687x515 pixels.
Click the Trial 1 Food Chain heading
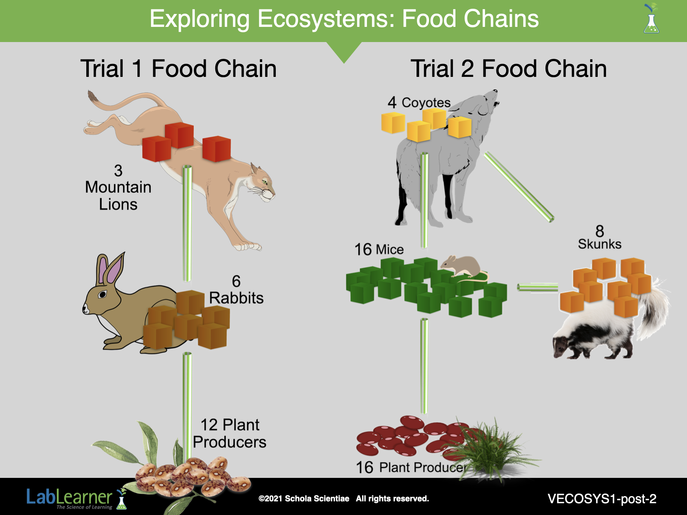[179, 69]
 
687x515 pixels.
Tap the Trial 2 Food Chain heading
[509, 69]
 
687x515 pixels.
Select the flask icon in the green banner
[651, 19]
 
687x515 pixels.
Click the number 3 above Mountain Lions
[118, 171]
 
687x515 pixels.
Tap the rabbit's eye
[102, 294]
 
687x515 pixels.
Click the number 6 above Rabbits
[236, 281]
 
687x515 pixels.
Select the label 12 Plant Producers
[230, 434]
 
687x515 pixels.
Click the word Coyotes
[426, 103]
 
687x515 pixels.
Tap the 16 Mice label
[379, 250]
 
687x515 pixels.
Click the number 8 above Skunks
[600, 231]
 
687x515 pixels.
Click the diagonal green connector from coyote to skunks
[519, 187]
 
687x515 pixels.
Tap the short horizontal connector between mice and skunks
[538, 287]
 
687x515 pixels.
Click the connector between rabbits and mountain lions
[187, 223]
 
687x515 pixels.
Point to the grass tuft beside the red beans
[492, 449]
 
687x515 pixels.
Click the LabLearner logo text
[70, 497]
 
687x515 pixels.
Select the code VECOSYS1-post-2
[602, 499]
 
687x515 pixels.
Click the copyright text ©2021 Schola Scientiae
[304, 498]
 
